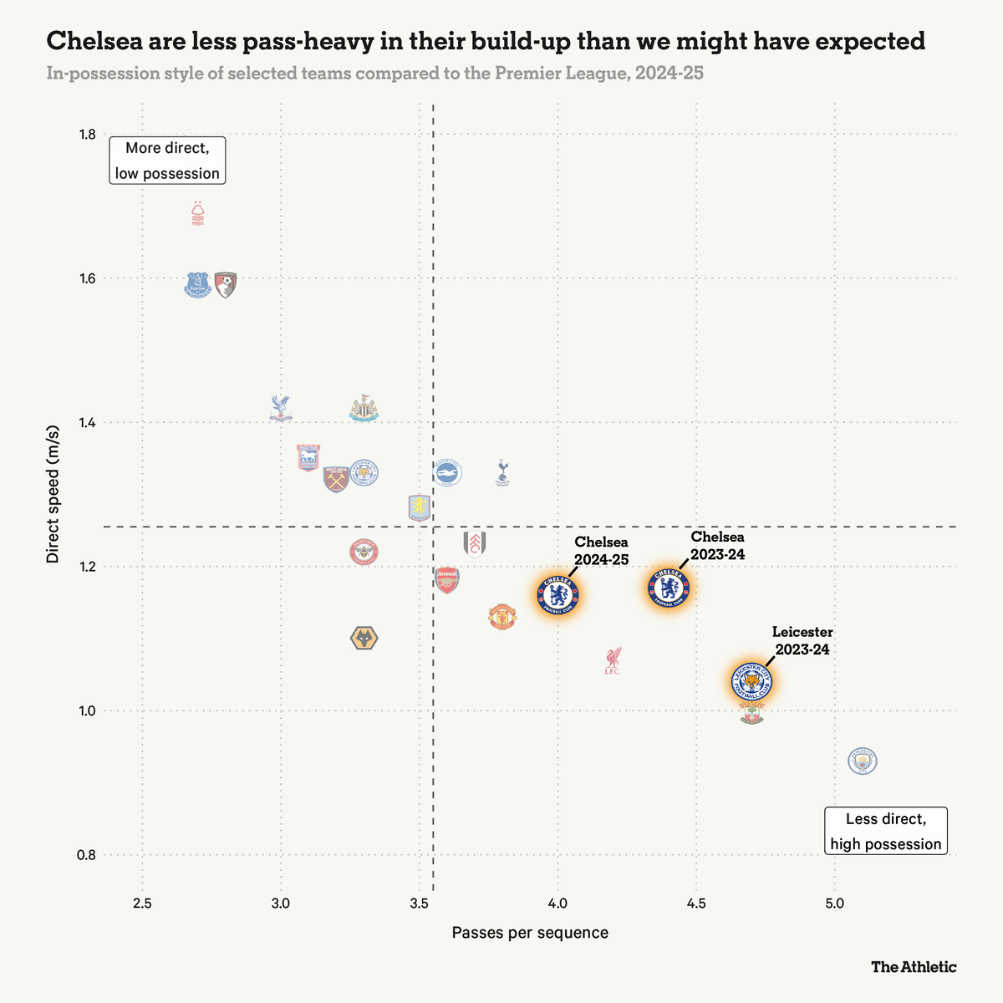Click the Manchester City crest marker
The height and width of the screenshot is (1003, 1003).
[863, 761]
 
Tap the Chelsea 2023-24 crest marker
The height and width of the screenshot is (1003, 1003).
[670, 587]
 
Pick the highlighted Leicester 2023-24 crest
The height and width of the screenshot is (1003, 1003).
[751, 683]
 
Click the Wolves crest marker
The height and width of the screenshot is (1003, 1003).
[364, 639]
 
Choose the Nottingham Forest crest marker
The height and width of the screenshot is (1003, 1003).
[197, 215]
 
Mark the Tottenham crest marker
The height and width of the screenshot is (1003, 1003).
[501, 472]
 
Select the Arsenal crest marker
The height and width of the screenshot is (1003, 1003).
[447, 579]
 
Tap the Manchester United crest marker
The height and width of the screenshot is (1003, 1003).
[502, 617]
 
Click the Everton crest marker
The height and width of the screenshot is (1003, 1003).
[197, 285]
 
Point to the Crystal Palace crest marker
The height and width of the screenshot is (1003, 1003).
[281, 408]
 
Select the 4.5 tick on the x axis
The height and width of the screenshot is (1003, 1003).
[696, 904]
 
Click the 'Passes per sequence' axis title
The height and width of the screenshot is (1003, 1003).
[530, 933]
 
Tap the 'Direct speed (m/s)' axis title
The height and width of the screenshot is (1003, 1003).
[53, 494]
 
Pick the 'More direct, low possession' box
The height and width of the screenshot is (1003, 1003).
[167, 160]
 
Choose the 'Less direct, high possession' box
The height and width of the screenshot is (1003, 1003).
[886, 831]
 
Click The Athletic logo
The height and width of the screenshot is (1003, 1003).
[914, 967]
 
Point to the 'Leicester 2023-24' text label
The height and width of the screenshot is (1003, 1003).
[802, 640]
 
